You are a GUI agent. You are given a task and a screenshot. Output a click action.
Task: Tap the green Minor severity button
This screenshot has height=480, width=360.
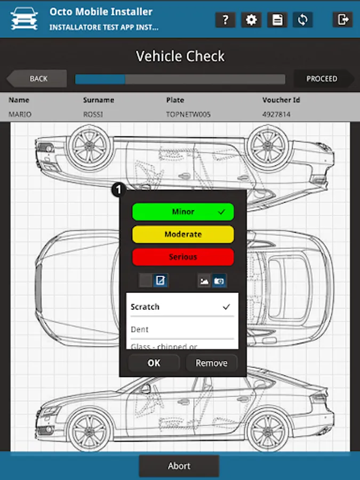[183, 212]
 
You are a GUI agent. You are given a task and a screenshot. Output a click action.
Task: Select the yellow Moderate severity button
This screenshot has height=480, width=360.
[183, 234]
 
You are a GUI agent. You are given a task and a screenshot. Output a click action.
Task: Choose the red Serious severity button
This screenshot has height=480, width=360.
[183, 257]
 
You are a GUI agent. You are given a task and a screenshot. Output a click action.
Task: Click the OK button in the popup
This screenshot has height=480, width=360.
[154, 363]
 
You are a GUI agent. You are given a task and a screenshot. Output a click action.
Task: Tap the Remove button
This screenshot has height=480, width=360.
[211, 363]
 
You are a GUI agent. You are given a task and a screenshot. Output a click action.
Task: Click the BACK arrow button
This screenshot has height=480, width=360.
[37, 79]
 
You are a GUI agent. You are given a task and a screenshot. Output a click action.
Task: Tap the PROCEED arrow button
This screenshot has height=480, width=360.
[322, 79]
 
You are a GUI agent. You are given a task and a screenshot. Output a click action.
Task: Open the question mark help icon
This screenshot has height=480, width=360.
[226, 20]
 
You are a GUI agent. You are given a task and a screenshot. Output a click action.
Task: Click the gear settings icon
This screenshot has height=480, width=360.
[251, 20]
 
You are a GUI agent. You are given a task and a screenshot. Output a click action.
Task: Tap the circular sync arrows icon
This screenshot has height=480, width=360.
[303, 20]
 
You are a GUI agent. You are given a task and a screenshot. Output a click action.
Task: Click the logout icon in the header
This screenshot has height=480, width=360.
[342, 20]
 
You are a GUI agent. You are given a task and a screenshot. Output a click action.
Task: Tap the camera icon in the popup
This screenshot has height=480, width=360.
[219, 281]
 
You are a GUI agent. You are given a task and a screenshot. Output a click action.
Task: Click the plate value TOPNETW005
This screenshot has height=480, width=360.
[185, 114]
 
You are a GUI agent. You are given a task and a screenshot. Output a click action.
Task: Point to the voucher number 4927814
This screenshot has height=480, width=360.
[276, 114]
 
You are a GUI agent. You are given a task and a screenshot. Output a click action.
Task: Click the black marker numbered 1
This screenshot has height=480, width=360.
[118, 189]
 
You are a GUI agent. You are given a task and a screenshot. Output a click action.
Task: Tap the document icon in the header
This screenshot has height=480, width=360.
[277, 20]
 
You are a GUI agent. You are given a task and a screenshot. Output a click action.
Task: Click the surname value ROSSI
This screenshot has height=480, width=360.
[93, 114]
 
